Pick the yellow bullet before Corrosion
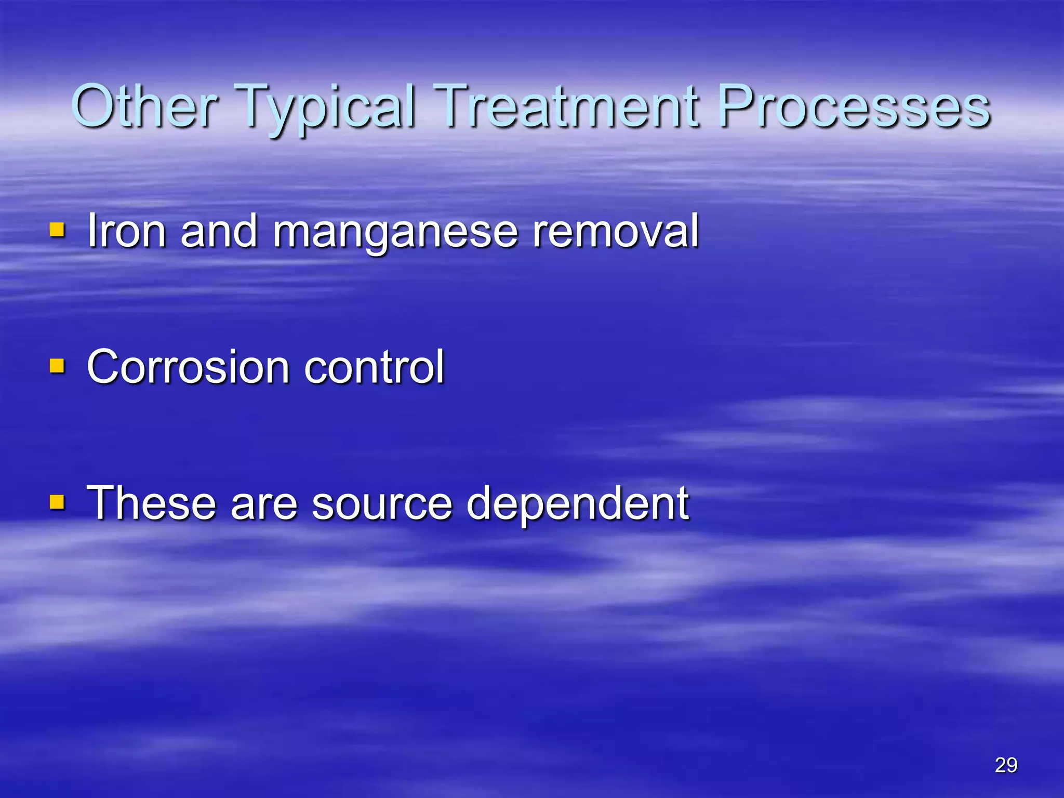coord(57,366)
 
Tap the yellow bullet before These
coord(57,502)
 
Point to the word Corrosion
coord(188,367)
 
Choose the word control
coord(374,367)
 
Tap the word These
coord(151,503)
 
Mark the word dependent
coord(577,503)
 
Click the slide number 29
coord(1006,765)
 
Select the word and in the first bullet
coord(219,231)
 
